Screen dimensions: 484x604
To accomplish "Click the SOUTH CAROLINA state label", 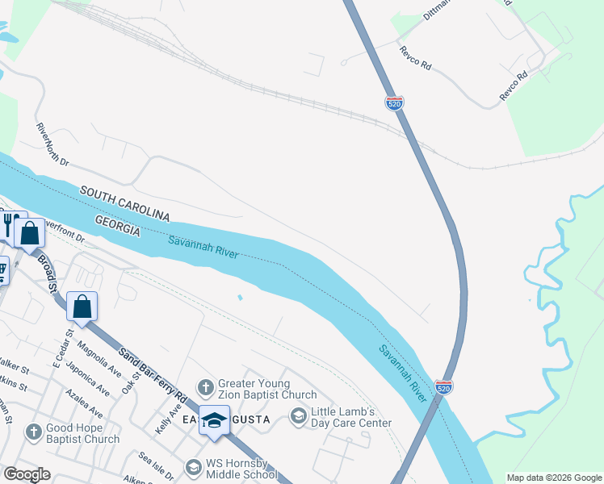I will tap(124, 203).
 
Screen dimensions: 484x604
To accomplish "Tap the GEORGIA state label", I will tap(118, 225).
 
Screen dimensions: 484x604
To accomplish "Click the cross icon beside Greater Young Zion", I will tap(206, 388).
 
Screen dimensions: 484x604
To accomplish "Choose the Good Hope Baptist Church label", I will tap(84, 434).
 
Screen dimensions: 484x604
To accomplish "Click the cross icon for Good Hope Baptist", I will tap(33, 432).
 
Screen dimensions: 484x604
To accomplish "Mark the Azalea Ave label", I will tap(83, 396).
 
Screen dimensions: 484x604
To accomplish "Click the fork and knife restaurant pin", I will tap(10, 223).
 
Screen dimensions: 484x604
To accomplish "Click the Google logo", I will tap(27, 474).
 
